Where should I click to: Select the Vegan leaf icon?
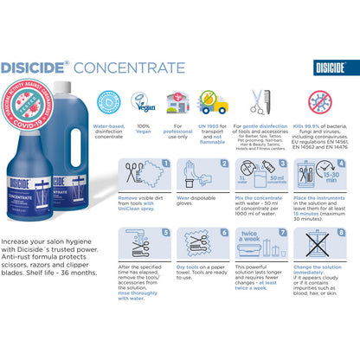[x=143, y=102]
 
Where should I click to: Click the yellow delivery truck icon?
[x=212, y=103]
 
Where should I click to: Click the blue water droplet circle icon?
[x=109, y=102]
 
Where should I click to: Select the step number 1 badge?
[x=165, y=164]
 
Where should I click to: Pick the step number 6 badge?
[x=221, y=233]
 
